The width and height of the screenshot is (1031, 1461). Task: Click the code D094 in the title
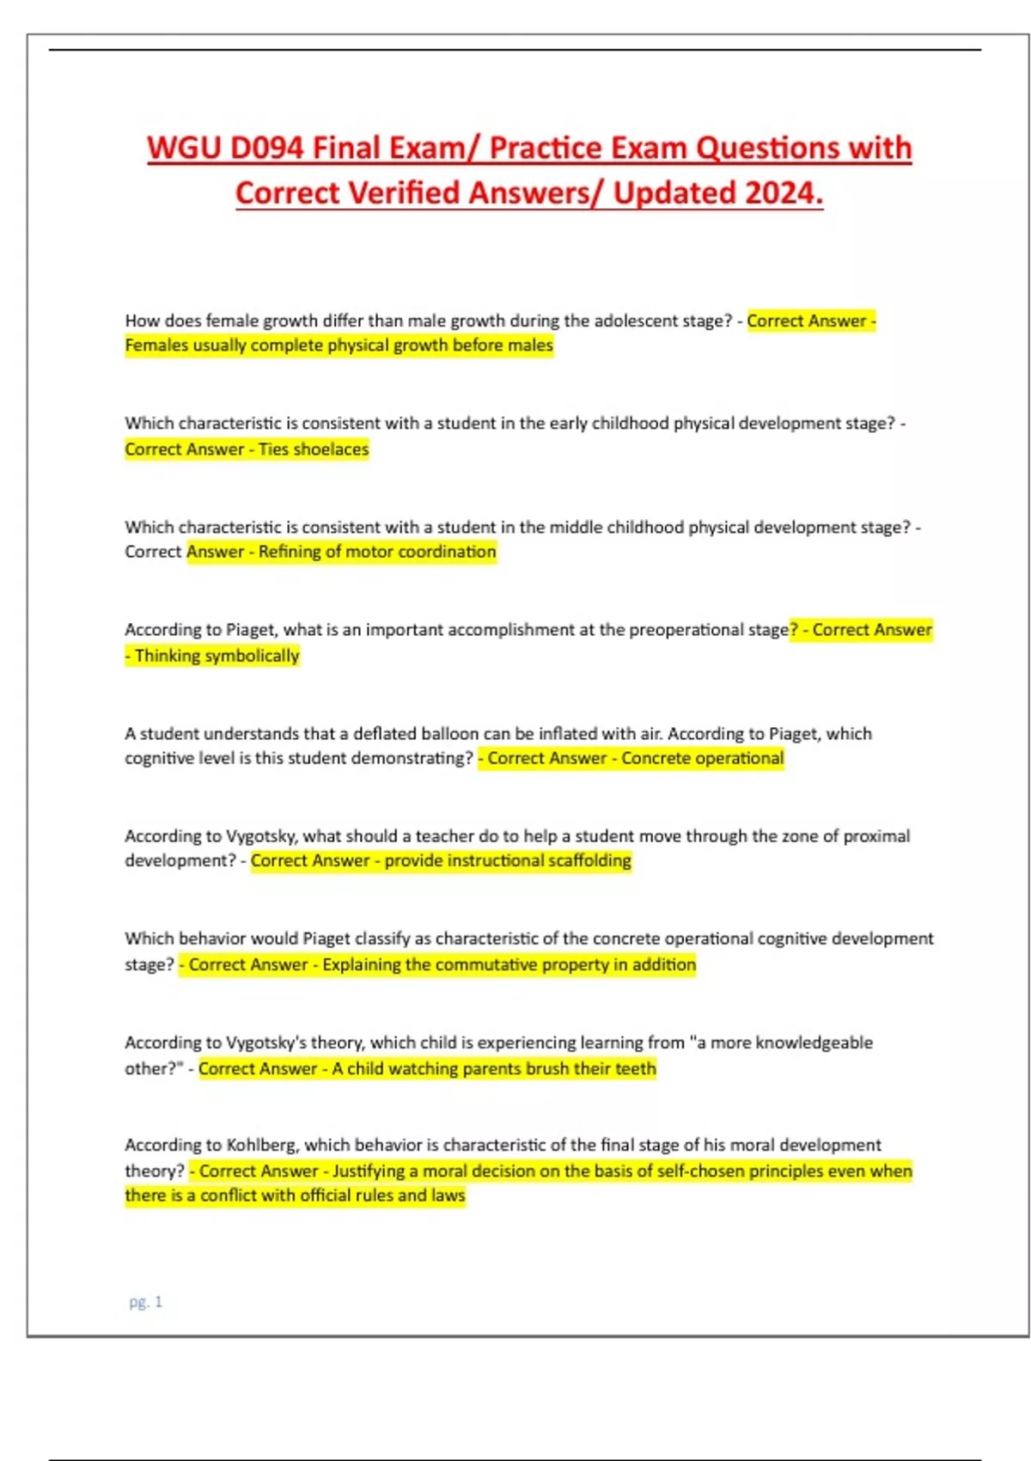(265, 148)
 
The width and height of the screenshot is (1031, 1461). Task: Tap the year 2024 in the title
(784, 193)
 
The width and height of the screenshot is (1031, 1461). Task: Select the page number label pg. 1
(145, 1302)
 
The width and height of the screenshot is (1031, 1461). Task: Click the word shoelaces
(331, 449)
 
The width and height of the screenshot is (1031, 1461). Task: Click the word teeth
(635, 1068)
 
